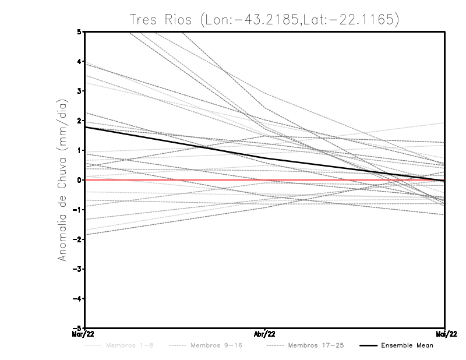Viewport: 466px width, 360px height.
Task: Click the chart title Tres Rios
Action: coord(265,19)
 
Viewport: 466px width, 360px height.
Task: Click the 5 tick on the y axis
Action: coord(79,31)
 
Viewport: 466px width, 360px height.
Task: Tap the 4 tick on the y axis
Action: coord(79,61)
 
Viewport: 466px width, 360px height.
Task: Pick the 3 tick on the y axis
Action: coord(79,91)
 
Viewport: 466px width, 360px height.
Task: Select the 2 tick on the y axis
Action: coord(79,121)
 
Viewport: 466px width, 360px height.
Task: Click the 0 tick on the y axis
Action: coord(79,180)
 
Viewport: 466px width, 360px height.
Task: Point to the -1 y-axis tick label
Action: coord(77,210)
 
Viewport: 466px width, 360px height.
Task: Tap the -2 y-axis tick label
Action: coord(77,239)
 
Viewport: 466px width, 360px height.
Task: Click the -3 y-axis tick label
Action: coord(77,269)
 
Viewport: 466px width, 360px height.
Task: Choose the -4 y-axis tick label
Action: coord(77,299)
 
